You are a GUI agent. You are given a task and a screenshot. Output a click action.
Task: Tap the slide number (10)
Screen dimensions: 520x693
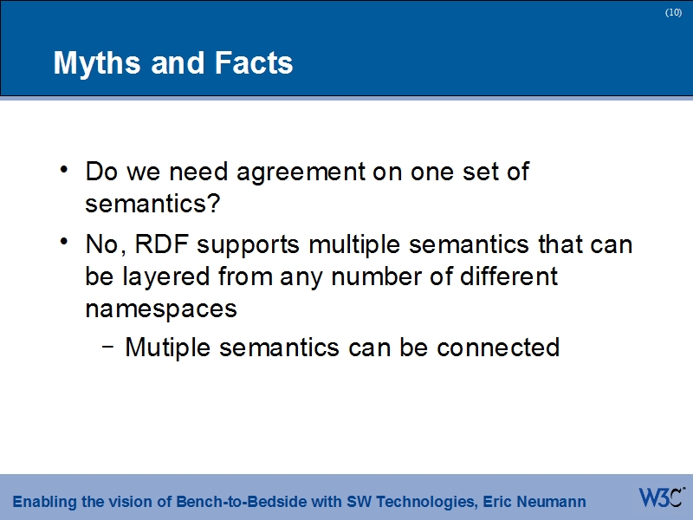[x=673, y=13]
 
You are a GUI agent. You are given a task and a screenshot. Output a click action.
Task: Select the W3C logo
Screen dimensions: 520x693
[x=662, y=498]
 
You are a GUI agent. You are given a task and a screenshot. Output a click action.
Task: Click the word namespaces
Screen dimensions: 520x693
[x=161, y=309]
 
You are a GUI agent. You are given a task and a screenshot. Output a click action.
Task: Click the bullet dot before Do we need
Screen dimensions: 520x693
[x=66, y=170]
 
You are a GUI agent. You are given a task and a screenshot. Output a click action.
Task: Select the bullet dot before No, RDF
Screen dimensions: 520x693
[x=66, y=244]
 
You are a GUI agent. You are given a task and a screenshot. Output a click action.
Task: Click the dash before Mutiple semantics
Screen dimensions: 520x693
[x=107, y=347]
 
